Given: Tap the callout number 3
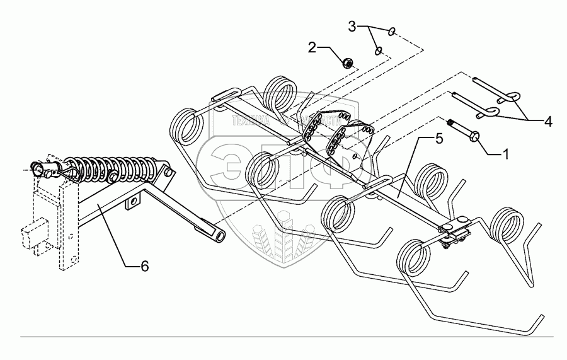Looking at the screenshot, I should [x=353, y=26].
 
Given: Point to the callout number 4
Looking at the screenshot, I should [x=548, y=122].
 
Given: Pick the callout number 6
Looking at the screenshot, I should [x=144, y=267].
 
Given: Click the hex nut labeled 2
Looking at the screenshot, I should [x=346, y=62].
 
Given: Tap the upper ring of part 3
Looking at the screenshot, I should [x=392, y=31].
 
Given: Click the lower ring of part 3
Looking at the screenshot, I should [x=378, y=50].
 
